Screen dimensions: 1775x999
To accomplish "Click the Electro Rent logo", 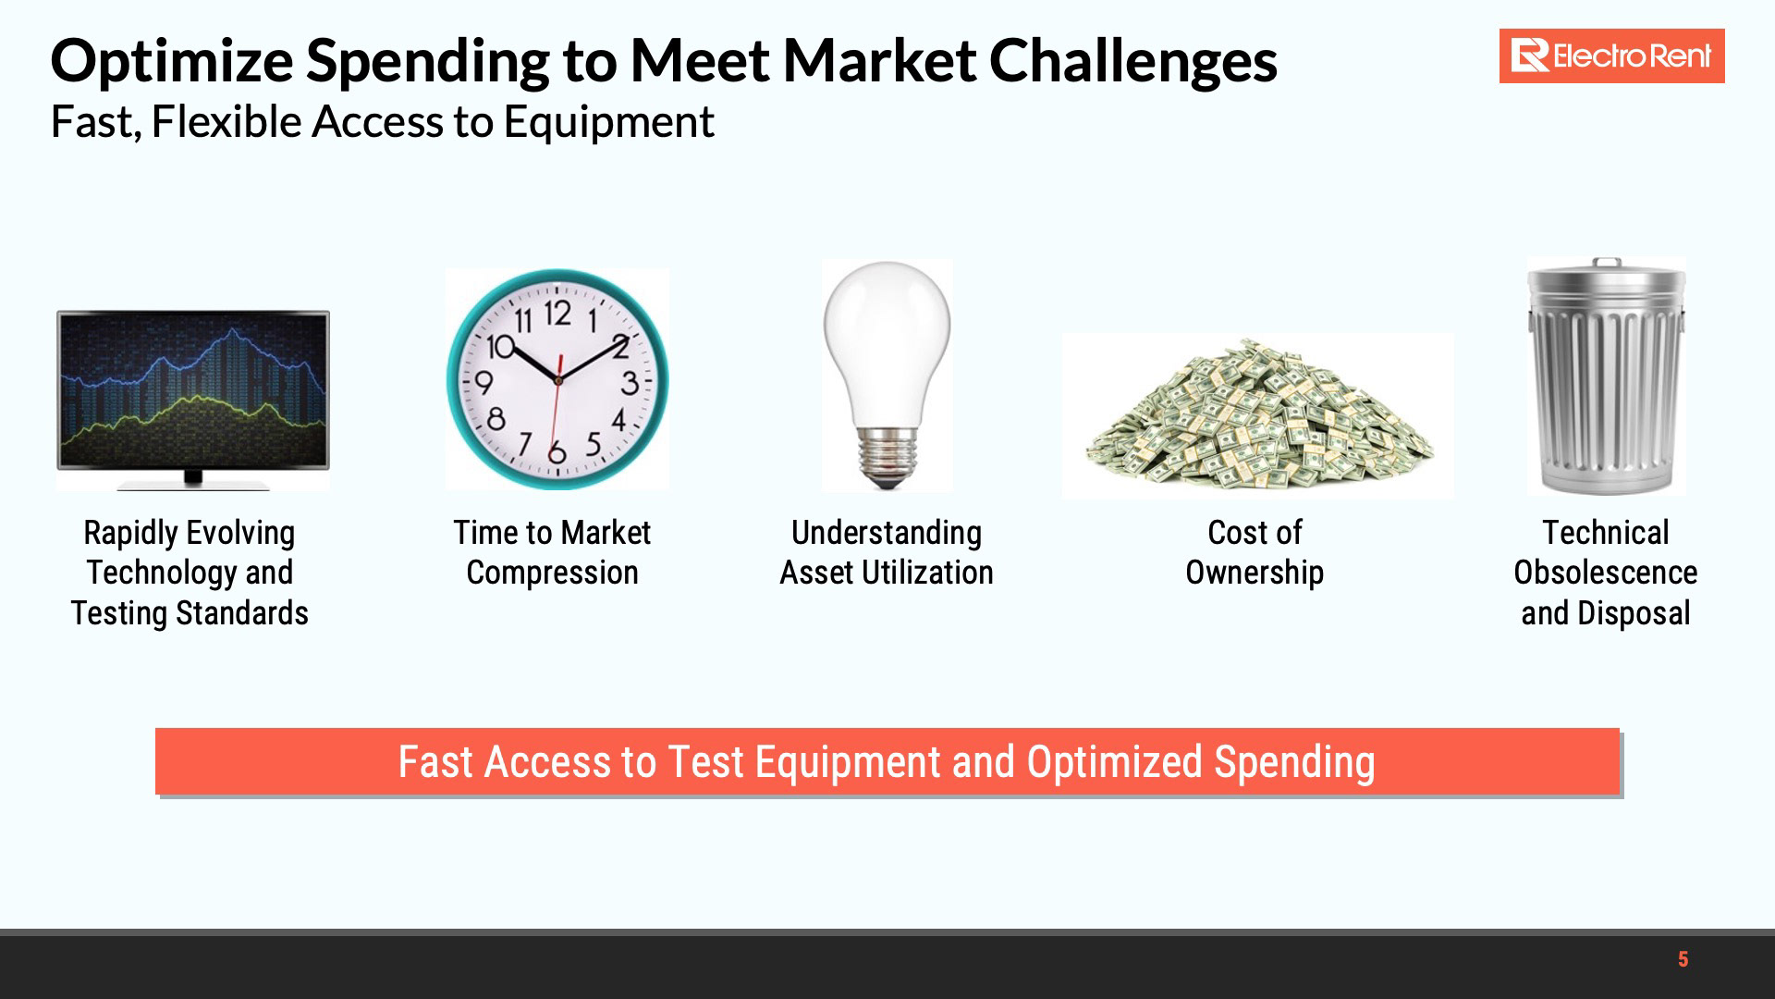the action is pos(1611,56).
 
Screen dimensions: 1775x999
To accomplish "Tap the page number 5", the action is pos(1683,959).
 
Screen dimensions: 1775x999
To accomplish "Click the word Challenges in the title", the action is pos(1133,60).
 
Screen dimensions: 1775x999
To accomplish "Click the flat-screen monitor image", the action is pos(193,400).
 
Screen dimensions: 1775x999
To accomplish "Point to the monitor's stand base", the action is pos(193,483).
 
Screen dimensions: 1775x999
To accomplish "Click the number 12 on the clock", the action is pos(557,314).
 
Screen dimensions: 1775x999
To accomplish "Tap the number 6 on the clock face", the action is pos(557,452).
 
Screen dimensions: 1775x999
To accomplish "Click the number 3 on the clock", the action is pos(630,383).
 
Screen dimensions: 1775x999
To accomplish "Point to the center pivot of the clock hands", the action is pos(557,379).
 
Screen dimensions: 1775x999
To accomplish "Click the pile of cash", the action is pos(1258,414).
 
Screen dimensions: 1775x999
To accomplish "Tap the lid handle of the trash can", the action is pos(1607,264).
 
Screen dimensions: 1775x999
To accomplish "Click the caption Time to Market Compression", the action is pos(552,552).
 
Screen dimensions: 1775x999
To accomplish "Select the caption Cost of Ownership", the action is pos(1255,552).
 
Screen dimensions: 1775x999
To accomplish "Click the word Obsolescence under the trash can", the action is pos(1606,573).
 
